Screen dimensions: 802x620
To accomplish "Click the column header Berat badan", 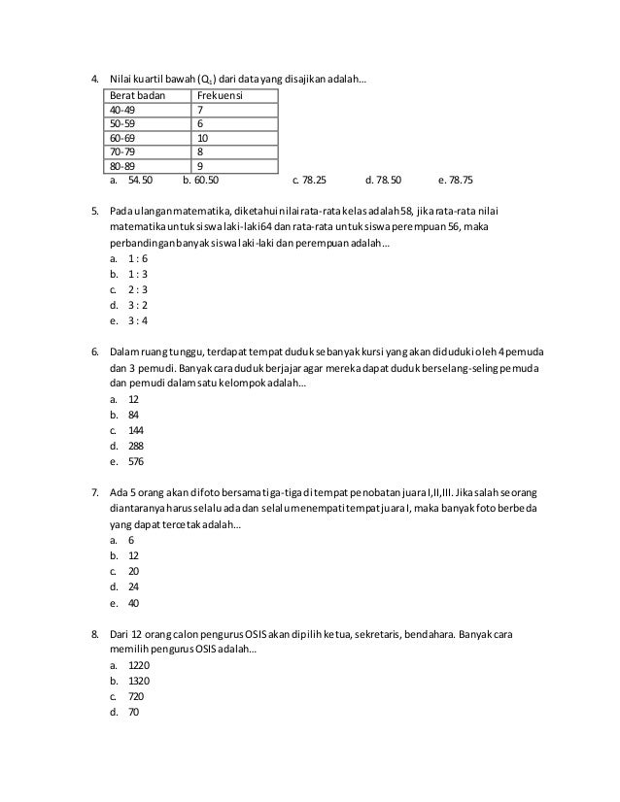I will (137, 96).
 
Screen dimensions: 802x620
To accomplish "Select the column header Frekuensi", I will (220, 96).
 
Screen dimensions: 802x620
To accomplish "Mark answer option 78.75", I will (456, 181).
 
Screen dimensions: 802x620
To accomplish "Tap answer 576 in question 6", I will (136, 461).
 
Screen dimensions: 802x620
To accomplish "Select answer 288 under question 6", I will (136, 446).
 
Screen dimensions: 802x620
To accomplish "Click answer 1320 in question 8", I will (139, 681).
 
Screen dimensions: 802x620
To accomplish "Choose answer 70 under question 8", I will (133, 712).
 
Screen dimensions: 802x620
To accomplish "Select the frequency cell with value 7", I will (200, 110).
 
